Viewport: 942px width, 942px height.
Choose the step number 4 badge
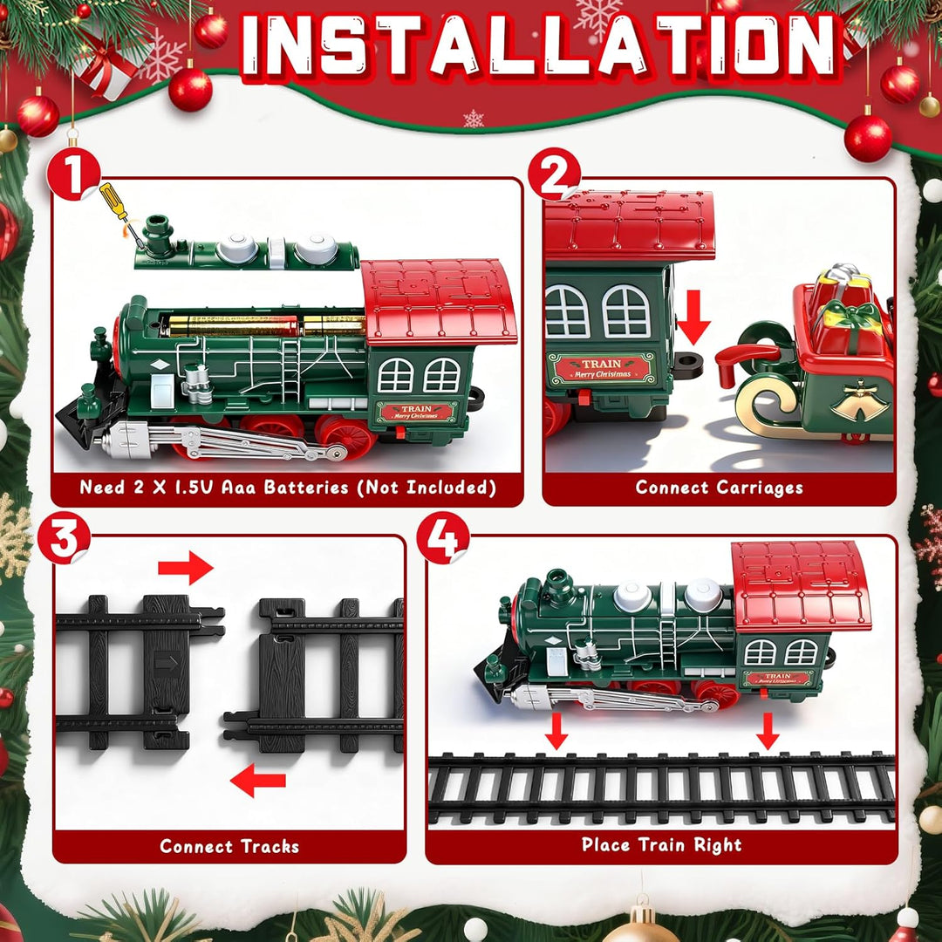click(442, 540)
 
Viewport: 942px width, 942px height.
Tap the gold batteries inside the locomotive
click(262, 325)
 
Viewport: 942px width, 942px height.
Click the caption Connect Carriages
click(719, 488)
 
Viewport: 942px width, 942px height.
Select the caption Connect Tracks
click(229, 846)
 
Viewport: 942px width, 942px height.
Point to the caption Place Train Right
click(661, 844)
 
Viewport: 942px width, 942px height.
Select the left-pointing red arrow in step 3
click(258, 779)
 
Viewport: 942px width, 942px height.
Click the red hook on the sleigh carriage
click(741, 359)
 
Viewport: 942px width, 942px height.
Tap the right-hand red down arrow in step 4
click(768, 730)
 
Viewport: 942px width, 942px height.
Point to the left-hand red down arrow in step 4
click(556, 730)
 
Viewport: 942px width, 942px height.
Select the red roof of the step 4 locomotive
click(800, 584)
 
